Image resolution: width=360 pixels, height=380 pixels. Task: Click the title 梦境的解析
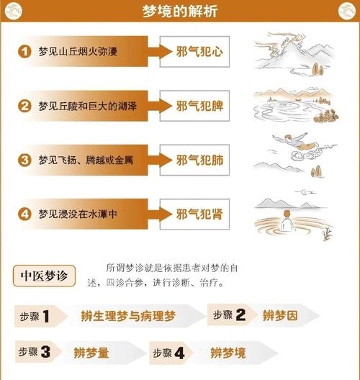180,11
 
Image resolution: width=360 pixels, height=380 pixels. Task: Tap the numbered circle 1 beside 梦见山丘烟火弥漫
24,51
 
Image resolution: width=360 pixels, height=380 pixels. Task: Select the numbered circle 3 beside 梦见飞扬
24,160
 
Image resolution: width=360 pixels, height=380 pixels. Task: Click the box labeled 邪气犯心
194,52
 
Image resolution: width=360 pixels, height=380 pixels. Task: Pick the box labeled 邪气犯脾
194,106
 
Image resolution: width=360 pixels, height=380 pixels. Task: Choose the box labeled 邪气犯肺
194,160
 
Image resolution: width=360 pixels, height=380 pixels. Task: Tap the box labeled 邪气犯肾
194,214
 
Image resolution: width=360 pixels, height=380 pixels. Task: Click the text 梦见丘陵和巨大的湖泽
88,106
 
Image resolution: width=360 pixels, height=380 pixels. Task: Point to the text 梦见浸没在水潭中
78,214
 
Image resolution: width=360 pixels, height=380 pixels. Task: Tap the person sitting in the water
287,220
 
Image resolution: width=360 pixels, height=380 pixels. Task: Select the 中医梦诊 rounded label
44,276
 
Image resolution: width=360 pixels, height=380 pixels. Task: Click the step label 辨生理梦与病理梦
128,316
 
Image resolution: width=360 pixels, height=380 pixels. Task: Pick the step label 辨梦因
280,315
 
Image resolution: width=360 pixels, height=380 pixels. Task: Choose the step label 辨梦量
91,353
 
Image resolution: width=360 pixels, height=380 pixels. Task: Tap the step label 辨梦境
228,353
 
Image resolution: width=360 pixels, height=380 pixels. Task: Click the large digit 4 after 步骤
179,353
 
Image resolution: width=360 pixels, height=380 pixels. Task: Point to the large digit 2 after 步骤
240,315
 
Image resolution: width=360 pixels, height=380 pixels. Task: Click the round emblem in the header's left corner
14,11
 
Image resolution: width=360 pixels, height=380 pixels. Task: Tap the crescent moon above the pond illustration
304,192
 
